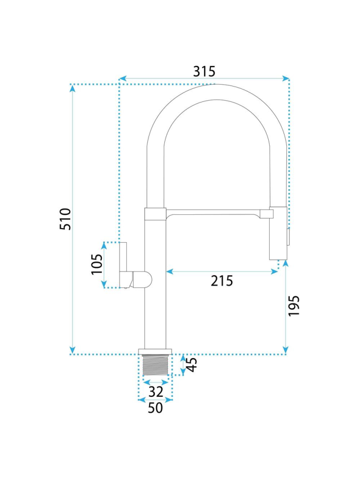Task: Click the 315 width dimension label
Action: click(x=204, y=71)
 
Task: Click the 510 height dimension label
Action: click(x=65, y=219)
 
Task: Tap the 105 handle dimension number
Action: click(x=97, y=264)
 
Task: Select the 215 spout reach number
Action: click(x=222, y=281)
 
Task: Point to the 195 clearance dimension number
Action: click(x=294, y=306)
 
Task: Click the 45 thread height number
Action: click(x=192, y=365)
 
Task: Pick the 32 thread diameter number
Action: click(x=156, y=392)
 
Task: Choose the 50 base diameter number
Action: click(x=155, y=408)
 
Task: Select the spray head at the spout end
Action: click(x=278, y=233)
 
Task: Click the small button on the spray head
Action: click(x=288, y=236)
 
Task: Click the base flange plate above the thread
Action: click(x=155, y=351)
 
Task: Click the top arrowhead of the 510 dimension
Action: click(x=72, y=88)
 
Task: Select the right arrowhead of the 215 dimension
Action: click(x=274, y=271)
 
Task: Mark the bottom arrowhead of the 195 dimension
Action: click(x=286, y=350)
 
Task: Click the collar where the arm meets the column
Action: click(x=155, y=214)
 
